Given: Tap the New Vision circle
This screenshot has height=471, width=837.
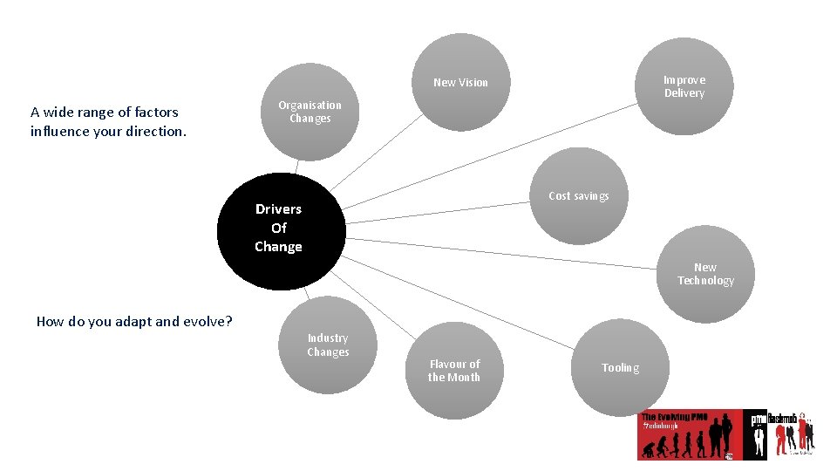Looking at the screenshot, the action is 461,82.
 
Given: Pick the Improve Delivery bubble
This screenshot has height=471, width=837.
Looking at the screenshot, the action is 684,86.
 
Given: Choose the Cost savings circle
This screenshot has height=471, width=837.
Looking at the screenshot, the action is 579,196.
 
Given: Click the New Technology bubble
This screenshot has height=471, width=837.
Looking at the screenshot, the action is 705,274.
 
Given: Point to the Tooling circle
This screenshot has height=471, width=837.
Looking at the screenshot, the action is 620,367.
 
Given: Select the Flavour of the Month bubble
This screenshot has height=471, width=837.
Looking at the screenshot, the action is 454,371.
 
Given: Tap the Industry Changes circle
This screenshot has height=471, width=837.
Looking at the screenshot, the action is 328,345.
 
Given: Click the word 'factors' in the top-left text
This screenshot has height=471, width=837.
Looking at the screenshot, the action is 157,112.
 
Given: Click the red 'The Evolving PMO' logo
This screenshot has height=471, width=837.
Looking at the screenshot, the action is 689,433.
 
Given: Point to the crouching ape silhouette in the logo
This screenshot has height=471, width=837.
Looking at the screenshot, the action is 650,450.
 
